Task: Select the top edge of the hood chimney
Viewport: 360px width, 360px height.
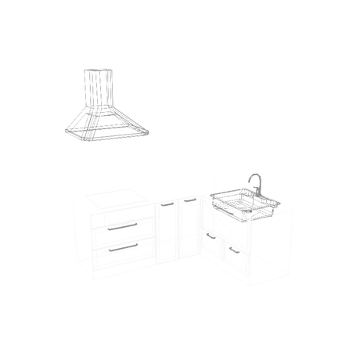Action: [x=96, y=69]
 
